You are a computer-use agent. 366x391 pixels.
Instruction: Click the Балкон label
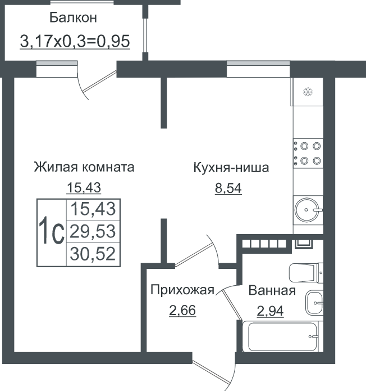[73, 17]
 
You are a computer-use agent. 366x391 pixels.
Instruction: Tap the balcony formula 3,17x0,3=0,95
[75, 41]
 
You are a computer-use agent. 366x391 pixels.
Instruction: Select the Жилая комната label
[84, 167]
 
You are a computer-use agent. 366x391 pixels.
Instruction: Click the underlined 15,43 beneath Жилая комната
[84, 187]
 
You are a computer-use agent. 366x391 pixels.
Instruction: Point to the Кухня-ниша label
[231, 167]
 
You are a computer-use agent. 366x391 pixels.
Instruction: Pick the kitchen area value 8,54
[228, 188]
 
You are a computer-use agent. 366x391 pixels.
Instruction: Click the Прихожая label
[182, 290]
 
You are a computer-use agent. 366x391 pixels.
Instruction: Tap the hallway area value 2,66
[182, 311]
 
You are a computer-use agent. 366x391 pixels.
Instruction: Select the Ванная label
[272, 290]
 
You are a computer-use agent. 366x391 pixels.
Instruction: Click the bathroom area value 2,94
[270, 311]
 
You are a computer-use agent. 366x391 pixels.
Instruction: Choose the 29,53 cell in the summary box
[93, 231]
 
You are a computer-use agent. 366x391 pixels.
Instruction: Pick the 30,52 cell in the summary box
[93, 254]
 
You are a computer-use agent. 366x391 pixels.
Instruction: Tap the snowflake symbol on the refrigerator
[308, 92]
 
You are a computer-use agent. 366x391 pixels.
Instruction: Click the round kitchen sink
[307, 210]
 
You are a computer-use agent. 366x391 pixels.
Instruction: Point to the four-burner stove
[308, 153]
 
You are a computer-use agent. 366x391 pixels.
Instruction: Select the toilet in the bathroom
[306, 273]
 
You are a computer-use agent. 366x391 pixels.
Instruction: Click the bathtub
[283, 336]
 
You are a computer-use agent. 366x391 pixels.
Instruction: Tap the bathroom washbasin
[314, 303]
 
